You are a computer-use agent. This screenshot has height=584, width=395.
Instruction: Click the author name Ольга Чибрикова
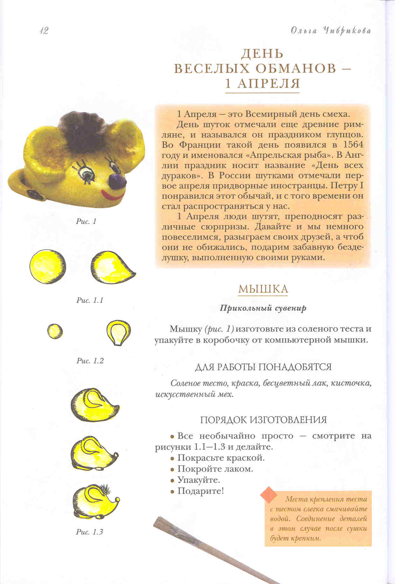point(331,31)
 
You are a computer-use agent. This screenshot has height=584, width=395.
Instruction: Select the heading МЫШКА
point(263,289)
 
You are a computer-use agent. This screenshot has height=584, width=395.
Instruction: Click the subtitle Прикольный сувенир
point(263,308)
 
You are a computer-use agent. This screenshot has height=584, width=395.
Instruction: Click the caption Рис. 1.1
point(90,300)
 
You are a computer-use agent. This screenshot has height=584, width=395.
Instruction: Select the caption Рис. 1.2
point(90,361)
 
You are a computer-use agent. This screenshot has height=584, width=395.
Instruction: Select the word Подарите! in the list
point(201,491)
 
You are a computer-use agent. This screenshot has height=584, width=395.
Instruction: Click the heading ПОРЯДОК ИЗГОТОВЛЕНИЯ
point(263,420)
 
